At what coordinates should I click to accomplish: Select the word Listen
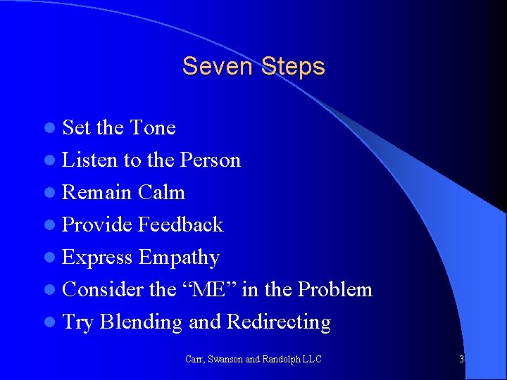pos(90,160)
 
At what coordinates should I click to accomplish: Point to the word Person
pos(211,160)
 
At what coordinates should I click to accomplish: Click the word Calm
pos(161,192)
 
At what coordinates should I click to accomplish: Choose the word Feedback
pos(180,224)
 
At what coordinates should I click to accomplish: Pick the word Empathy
pos(179,258)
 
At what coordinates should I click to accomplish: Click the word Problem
pos(334,289)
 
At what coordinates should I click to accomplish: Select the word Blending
pos(141,322)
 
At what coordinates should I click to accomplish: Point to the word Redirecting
pos(278,322)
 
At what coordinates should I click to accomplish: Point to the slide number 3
pos(461,359)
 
